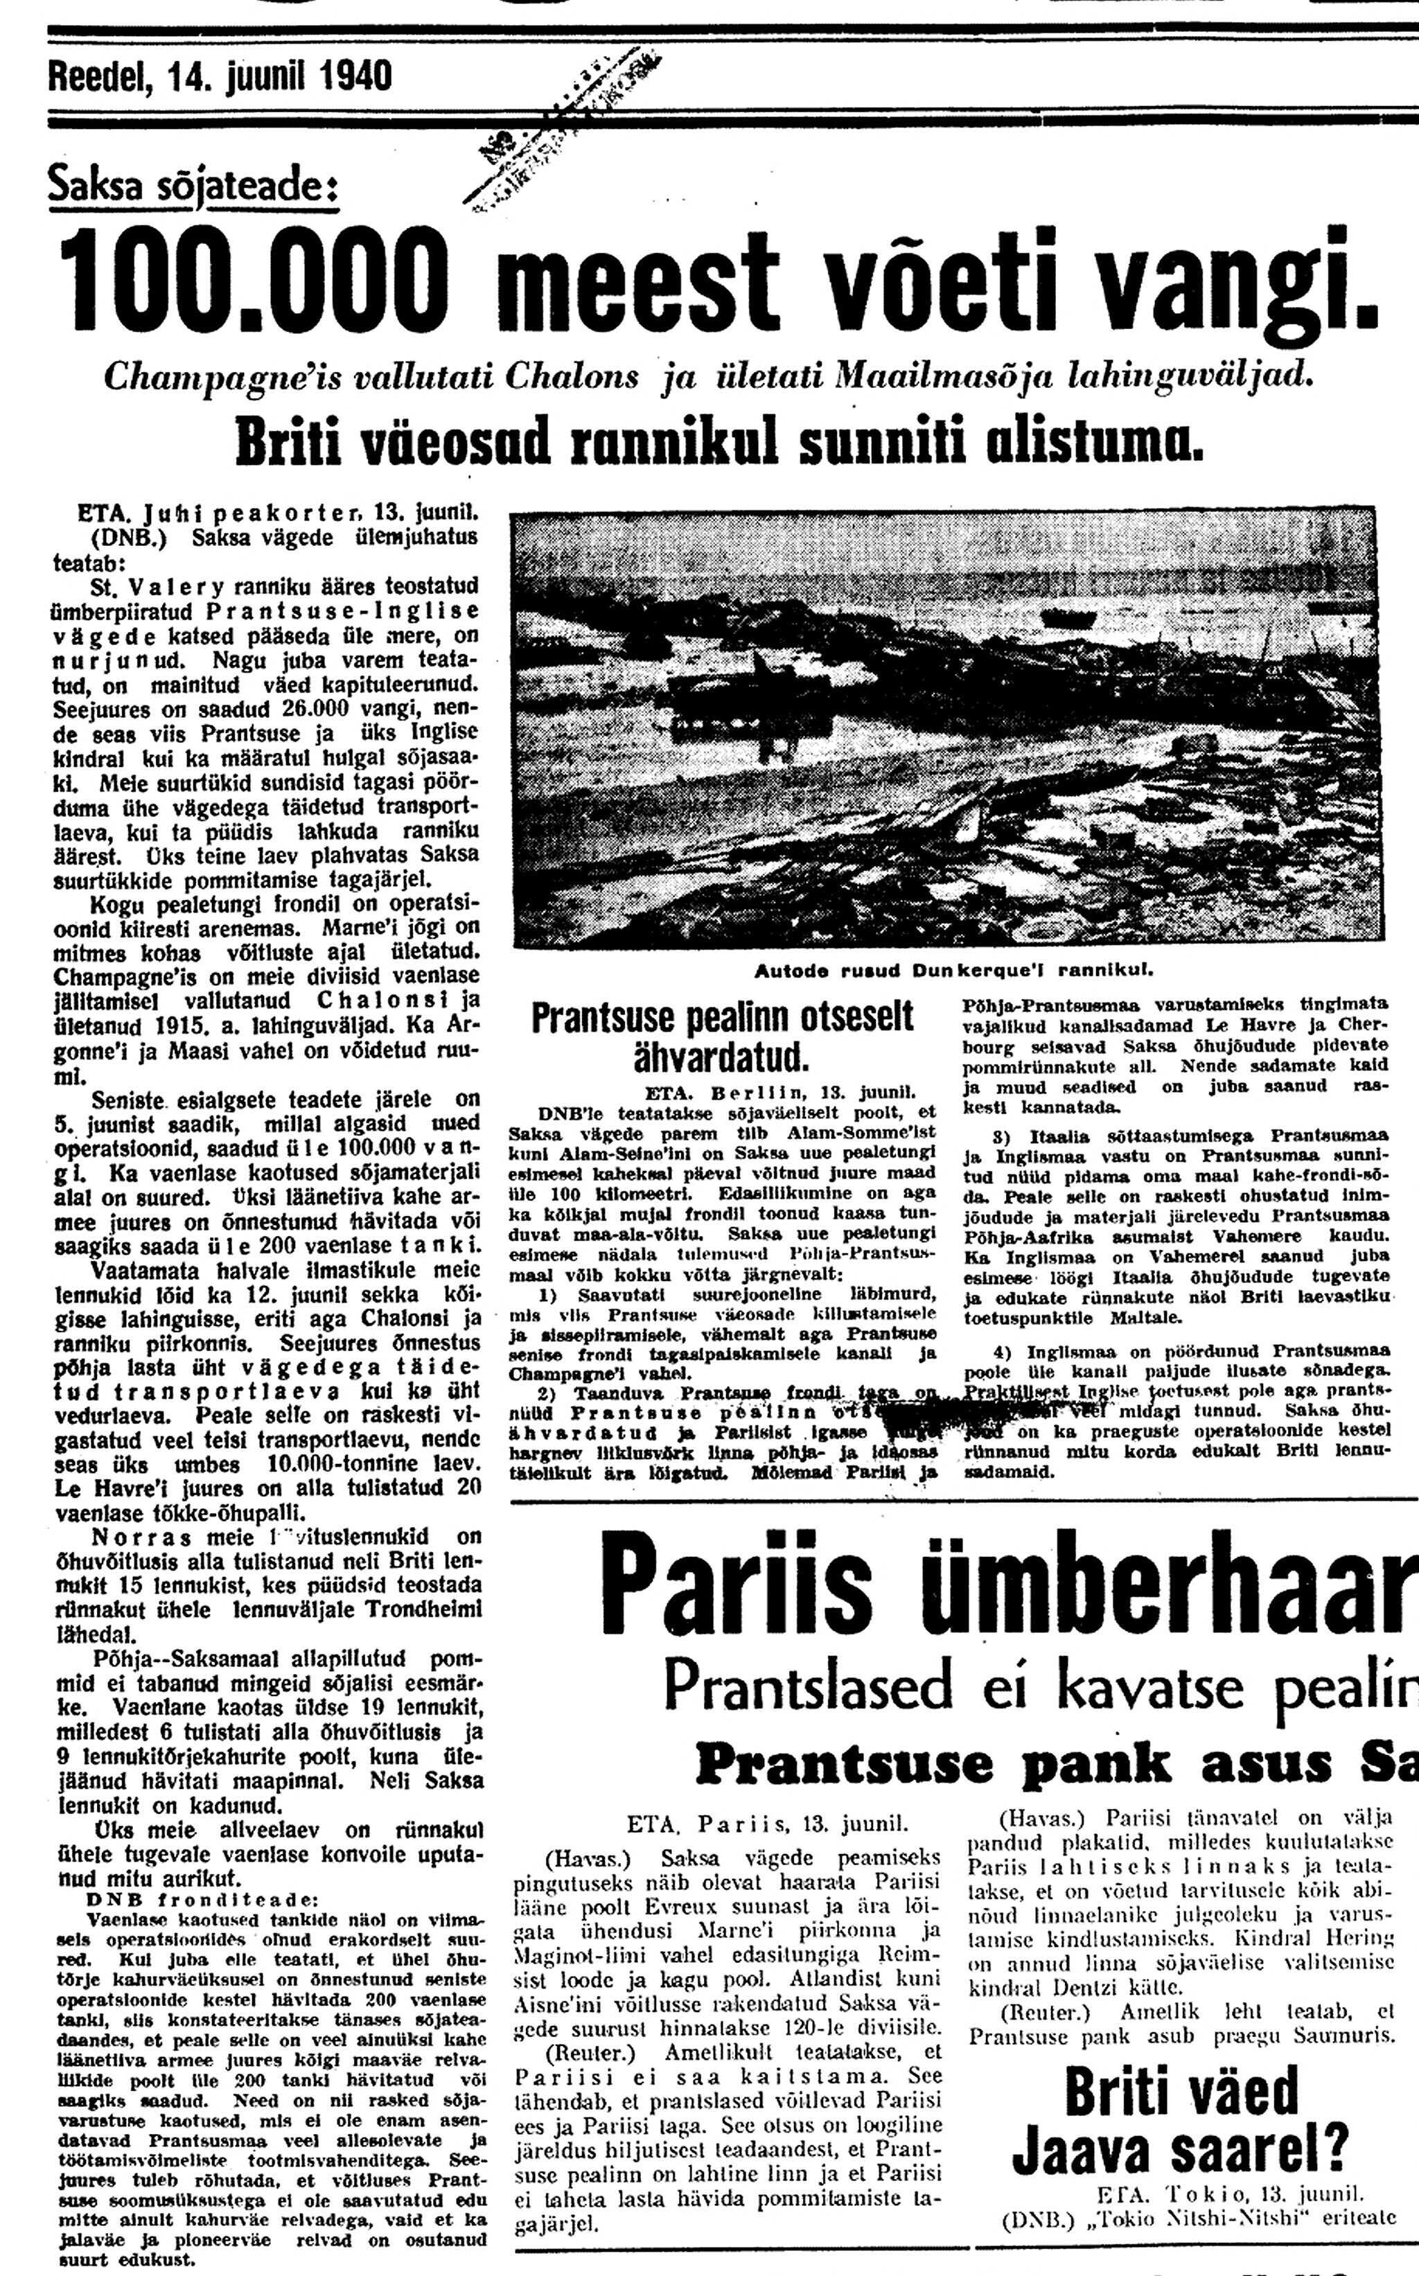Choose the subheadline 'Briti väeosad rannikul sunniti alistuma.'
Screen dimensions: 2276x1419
[x=718, y=440]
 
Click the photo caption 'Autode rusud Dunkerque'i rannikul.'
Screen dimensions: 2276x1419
[x=953, y=967]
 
